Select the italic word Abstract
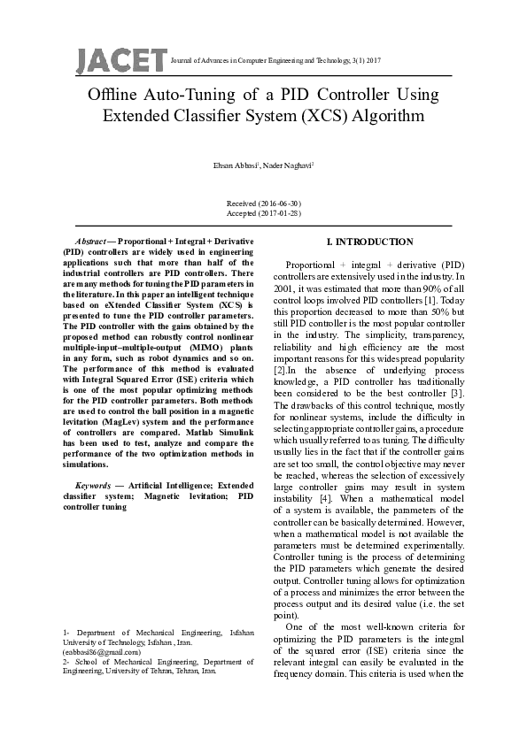click(x=92, y=242)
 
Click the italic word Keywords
click(x=93, y=486)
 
